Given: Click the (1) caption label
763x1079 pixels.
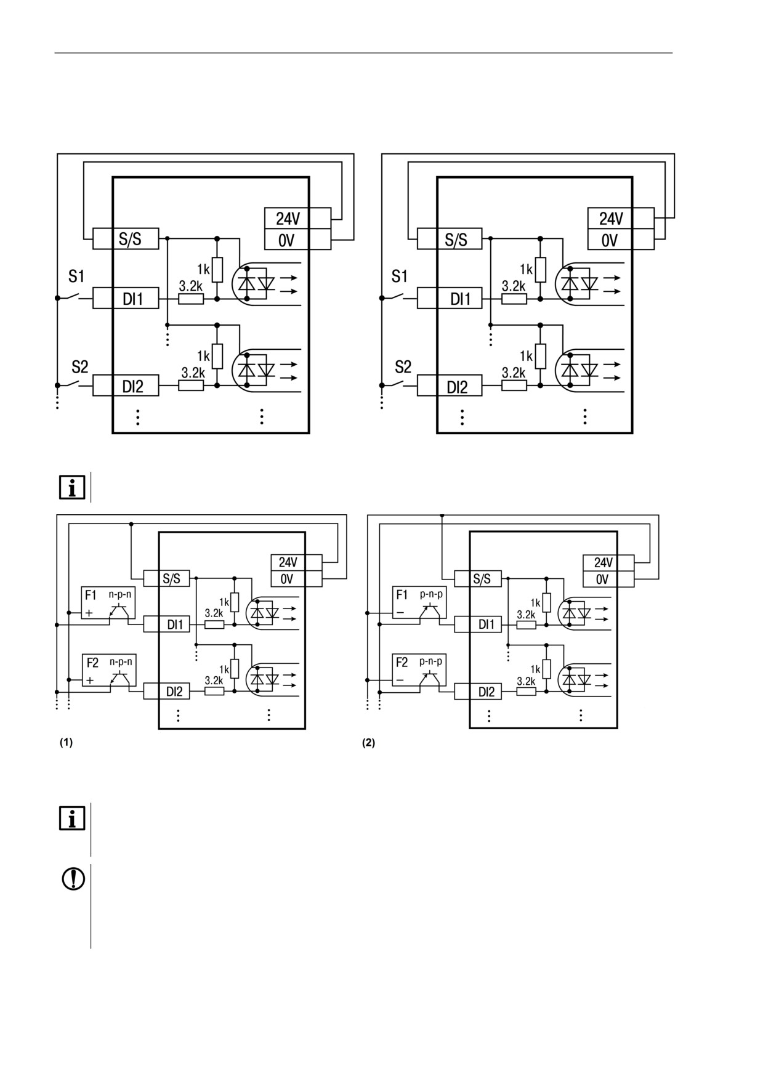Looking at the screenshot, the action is pos(66,743).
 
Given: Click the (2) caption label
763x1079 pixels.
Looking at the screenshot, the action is pos(368,743).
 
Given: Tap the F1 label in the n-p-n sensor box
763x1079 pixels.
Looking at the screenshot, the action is pos(91,596).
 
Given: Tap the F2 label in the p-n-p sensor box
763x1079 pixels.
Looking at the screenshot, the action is pos(402,663).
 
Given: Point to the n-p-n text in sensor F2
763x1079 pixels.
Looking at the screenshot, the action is pos(121,661).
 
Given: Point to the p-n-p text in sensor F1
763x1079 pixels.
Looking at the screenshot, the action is pos(431,594).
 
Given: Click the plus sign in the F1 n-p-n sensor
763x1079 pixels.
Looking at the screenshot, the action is pos(90,613).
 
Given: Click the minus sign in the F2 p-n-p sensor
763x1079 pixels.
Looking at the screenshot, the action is pos(400,681).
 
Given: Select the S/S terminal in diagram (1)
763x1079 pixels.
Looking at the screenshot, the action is pos(167,578).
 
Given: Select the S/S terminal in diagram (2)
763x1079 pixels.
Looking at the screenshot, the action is pos(478,578).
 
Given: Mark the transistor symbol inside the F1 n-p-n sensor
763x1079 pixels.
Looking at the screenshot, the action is pos(118,611).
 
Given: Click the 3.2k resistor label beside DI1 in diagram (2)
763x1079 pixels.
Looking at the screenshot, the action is pos(526,615).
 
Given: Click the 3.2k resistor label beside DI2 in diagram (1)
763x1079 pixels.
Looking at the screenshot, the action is pos(214,681).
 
